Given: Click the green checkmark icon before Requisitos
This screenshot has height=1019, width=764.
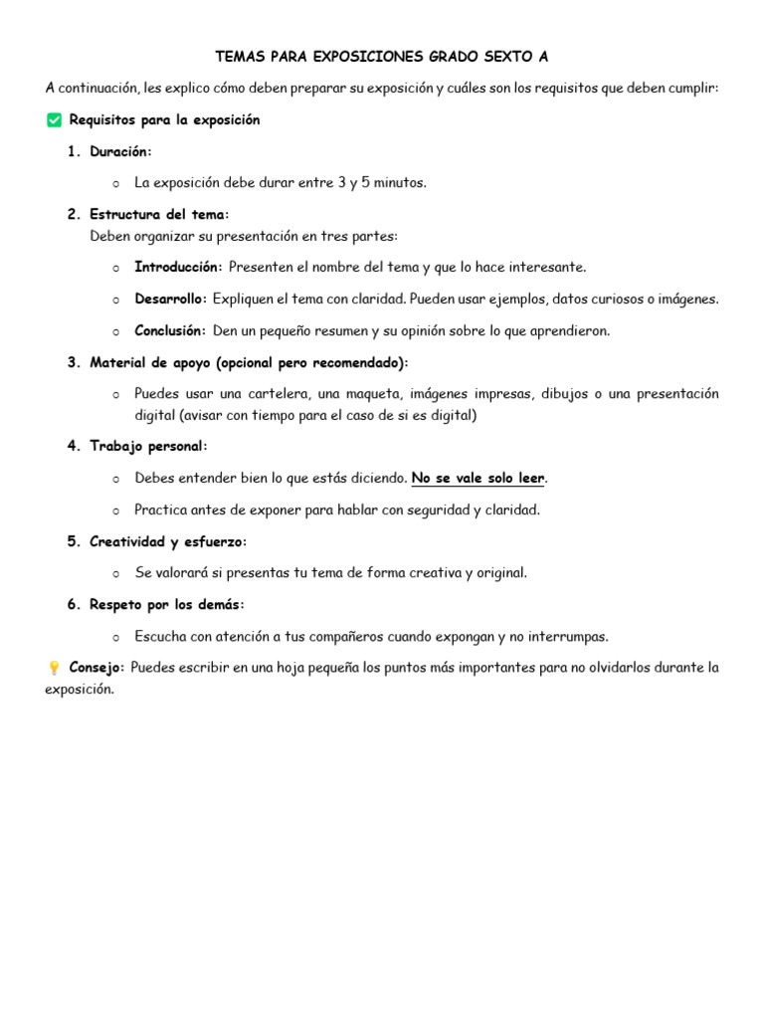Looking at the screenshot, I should [54, 120].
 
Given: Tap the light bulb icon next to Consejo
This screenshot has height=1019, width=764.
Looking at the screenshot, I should [54, 668].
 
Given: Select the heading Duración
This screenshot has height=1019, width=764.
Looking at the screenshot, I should [120, 151].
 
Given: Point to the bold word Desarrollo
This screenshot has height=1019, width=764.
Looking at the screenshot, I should [170, 299].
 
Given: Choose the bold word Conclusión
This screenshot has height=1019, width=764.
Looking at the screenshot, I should [170, 330].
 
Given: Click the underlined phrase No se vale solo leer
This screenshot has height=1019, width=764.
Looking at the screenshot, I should [477, 479].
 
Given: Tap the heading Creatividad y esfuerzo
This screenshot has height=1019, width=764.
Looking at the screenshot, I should [167, 541].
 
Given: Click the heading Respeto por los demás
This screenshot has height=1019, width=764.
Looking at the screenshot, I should [166, 605].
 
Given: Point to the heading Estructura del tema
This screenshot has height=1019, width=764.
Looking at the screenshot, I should [158, 215].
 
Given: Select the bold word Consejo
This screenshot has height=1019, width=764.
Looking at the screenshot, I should [96, 668].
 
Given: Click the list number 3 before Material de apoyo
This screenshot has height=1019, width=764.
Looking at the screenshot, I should [73, 362].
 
